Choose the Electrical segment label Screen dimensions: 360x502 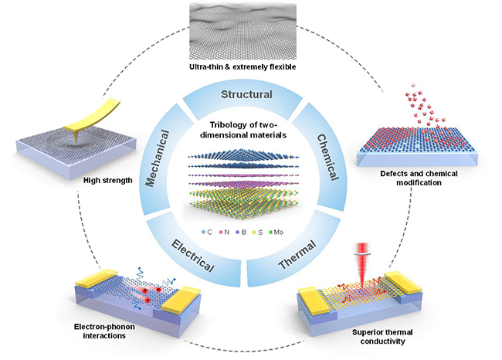click(x=192, y=253)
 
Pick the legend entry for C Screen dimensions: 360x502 click(x=208, y=230)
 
